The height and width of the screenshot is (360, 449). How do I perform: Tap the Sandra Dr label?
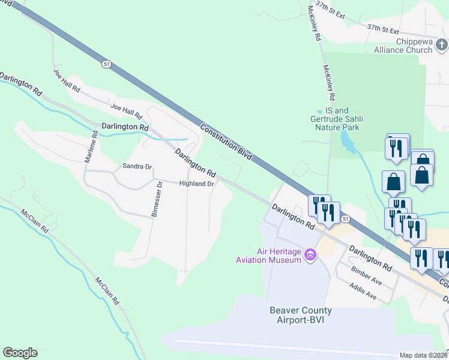pos(137,166)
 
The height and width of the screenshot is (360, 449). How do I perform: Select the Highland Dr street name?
pos(197,184)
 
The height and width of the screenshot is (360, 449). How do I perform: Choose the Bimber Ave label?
pos(367,275)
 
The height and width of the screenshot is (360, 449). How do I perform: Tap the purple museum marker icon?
pos(310,255)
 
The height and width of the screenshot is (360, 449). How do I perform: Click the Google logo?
pos(20,353)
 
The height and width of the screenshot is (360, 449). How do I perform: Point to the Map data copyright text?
pos(424,355)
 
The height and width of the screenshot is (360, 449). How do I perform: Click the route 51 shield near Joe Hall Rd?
pos(106,64)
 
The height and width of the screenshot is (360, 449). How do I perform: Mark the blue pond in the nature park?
pos(347,142)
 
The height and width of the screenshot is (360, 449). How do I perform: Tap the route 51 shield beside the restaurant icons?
pos(345,220)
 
